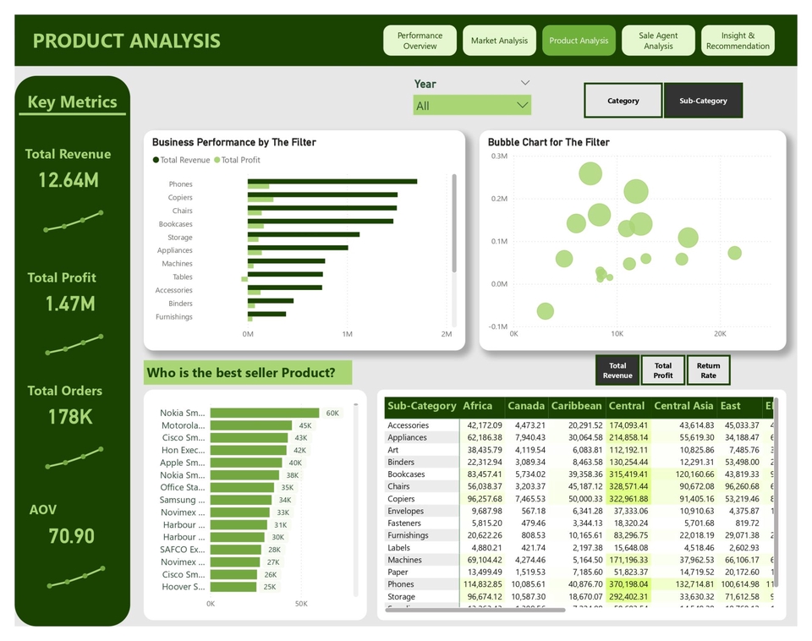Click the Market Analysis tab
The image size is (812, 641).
pyautogui.click(x=499, y=41)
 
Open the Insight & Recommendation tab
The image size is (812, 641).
pyautogui.click(x=738, y=41)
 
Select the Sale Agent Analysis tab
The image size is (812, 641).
pyautogui.click(x=658, y=41)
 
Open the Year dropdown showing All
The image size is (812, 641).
pyautogui.click(x=472, y=106)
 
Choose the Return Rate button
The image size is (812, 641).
pyautogui.click(x=708, y=370)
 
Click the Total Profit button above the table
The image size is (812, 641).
pyautogui.click(x=663, y=370)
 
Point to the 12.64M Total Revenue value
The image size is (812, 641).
pyautogui.click(x=69, y=179)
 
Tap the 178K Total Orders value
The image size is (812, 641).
pyautogui.click(x=70, y=417)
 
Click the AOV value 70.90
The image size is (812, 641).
pyautogui.click(x=72, y=536)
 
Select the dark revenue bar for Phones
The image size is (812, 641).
pyautogui.click(x=332, y=181)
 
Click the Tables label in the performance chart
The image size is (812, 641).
pyautogui.click(x=182, y=277)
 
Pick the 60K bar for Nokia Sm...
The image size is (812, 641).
pyautogui.click(x=264, y=414)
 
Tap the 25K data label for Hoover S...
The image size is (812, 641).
pyautogui.click(x=270, y=587)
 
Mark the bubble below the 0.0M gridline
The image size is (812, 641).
pyautogui.click(x=545, y=311)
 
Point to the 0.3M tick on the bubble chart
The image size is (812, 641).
pyautogui.click(x=498, y=156)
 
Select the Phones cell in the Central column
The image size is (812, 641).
pyautogui.click(x=628, y=584)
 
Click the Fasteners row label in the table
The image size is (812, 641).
pyautogui.click(x=405, y=523)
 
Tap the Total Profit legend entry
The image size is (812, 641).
pyautogui.click(x=240, y=160)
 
